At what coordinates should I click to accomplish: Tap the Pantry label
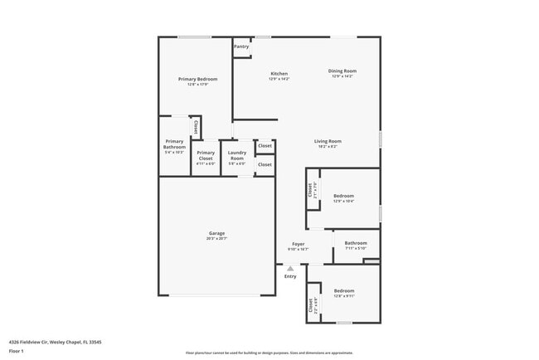(241, 46)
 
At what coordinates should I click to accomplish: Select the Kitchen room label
(279, 74)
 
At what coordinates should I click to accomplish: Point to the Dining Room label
(342, 71)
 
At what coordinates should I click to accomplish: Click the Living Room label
(328, 141)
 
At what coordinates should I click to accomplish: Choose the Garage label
(216, 233)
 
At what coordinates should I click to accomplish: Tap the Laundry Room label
(236, 155)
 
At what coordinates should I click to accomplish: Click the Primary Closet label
(206, 155)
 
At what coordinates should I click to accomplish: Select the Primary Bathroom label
(174, 144)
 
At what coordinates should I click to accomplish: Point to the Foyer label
(298, 244)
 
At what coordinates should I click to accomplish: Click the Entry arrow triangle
(290, 269)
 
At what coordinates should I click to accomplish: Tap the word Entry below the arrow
(290, 276)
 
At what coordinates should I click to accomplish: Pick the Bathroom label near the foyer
(356, 242)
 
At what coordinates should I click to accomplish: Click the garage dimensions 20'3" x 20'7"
(216, 239)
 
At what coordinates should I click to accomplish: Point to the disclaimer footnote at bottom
(269, 353)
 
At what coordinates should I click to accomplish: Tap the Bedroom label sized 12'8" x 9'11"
(344, 290)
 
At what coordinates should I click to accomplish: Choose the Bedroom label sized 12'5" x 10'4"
(343, 196)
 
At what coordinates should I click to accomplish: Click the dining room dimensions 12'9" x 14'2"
(342, 76)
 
